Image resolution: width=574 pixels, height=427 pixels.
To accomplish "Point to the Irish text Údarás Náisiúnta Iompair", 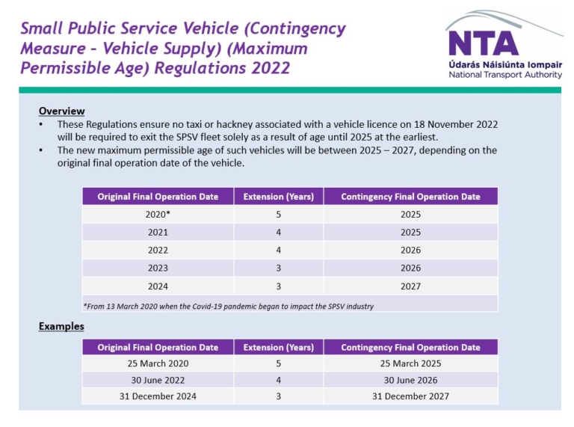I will click(500, 65).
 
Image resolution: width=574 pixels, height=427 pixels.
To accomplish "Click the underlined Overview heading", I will click(61, 111).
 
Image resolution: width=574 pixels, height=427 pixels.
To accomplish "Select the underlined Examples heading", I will click(61, 326).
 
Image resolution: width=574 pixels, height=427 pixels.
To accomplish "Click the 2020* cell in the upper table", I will click(158, 214).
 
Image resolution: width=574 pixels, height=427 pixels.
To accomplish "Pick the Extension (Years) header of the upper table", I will click(278, 197).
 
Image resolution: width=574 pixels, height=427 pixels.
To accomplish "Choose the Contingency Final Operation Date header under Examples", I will click(410, 347).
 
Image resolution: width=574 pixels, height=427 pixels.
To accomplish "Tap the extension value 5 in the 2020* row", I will click(278, 214).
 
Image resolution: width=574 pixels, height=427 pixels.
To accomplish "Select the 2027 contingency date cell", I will click(410, 286).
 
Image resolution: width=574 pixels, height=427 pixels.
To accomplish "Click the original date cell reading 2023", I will click(158, 268).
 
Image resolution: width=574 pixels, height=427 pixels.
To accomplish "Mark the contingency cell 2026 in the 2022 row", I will click(410, 250).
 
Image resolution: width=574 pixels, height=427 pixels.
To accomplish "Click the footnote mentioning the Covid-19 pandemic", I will click(228, 306).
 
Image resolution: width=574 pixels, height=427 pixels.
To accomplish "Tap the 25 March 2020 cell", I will click(158, 363).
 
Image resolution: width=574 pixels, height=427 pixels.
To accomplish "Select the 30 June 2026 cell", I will click(410, 380).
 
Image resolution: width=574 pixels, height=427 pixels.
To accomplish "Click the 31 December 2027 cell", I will click(410, 396).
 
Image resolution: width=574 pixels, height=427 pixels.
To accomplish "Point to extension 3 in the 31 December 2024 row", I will click(278, 396).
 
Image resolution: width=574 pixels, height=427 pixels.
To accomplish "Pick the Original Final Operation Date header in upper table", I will click(158, 197).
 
